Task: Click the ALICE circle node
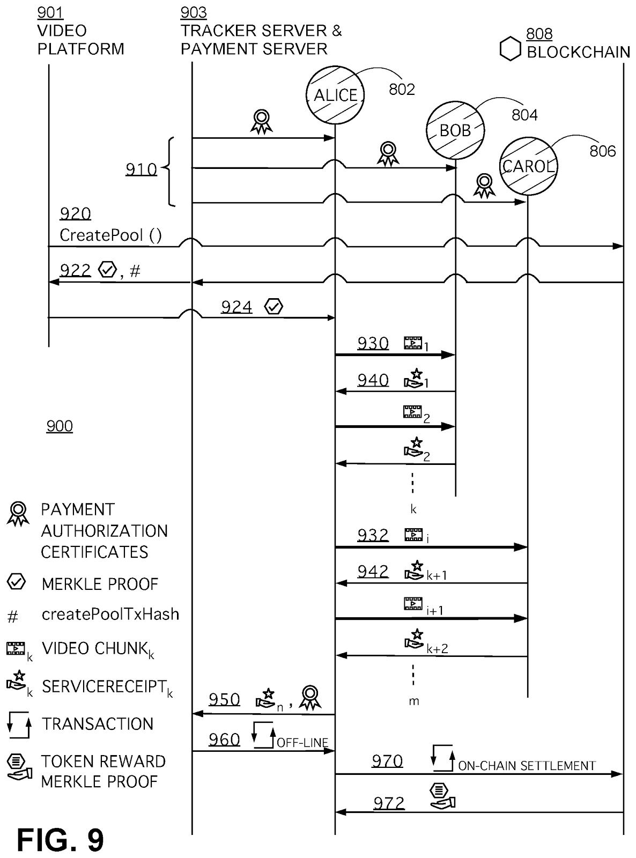(x=335, y=95)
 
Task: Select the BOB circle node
(x=455, y=130)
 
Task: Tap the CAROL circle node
(x=528, y=166)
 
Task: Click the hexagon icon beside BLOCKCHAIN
(x=511, y=49)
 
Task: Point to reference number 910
(x=141, y=169)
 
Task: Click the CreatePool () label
(x=110, y=235)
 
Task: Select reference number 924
(x=236, y=307)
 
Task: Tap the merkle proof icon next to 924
(x=273, y=306)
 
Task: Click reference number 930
(x=373, y=343)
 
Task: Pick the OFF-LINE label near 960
(x=302, y=743)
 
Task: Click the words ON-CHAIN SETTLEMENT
(x=527, y=766)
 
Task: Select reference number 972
(x=389, y=803)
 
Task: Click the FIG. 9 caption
(x=61, y=840)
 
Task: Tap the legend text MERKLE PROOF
(x=100, y=584)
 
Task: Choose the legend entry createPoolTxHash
(x=110, y=615)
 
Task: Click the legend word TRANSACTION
(x=98, y=724)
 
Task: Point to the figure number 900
(x=60, y=426)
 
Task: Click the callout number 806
(x=603, y=151)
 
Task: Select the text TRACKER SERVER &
(x=261, y=31)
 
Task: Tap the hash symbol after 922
(x=135, y=271)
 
